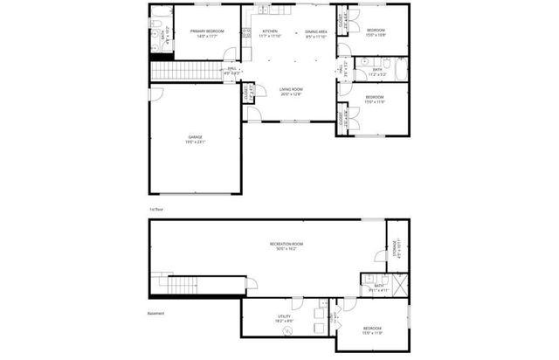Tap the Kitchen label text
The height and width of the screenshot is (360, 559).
pyautogui.click(x=270, y=33)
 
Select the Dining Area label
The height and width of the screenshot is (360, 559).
pyautogui.click(x=316, y=33)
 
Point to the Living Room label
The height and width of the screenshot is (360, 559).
pyautogui.click(x=291, y=92)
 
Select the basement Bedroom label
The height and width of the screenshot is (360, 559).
pyautogui.click(x=373, y=329)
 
